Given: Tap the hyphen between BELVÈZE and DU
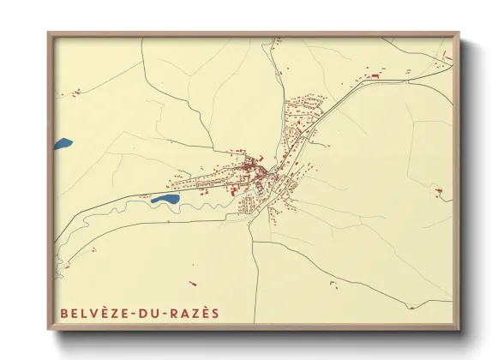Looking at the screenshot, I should [133, 313].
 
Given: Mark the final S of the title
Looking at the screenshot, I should [215, 313].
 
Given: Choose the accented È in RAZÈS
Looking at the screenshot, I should [205, 313].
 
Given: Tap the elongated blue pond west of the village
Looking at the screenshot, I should [165, 199].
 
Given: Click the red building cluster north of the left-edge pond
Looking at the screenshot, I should [77, 89].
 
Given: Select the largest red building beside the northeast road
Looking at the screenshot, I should [374, 77].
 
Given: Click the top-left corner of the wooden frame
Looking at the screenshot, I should [48, 33].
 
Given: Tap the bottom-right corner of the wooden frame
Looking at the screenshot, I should [459, 330].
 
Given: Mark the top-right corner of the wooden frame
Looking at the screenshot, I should [459, 33].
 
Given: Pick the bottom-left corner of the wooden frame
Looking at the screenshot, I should [48, 330].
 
